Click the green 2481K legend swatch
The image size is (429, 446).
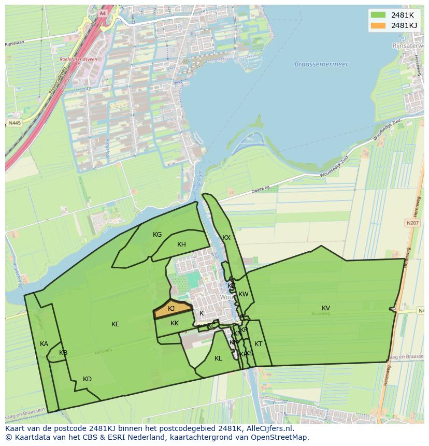pos(378,15)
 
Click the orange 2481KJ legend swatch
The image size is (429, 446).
pos(378,25)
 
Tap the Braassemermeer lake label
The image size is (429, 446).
pos(321,64)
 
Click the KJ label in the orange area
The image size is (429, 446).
pos(171,309)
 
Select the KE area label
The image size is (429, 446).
pos(116,324)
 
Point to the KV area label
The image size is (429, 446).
pos(326,308)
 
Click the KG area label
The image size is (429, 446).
pos(158,235)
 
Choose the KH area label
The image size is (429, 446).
pos(181,244)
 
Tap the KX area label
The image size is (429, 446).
pos(226,238)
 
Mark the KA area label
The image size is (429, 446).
pos(44,344)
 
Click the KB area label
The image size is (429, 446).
pos(63,353)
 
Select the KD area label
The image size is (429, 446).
pos(87,379)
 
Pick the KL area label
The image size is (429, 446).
pos(218,358)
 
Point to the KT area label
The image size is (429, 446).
pos(258,344)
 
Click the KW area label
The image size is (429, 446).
pos(244,294)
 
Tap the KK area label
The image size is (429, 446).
pos(175,323)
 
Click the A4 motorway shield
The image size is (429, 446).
pos(103,13)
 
